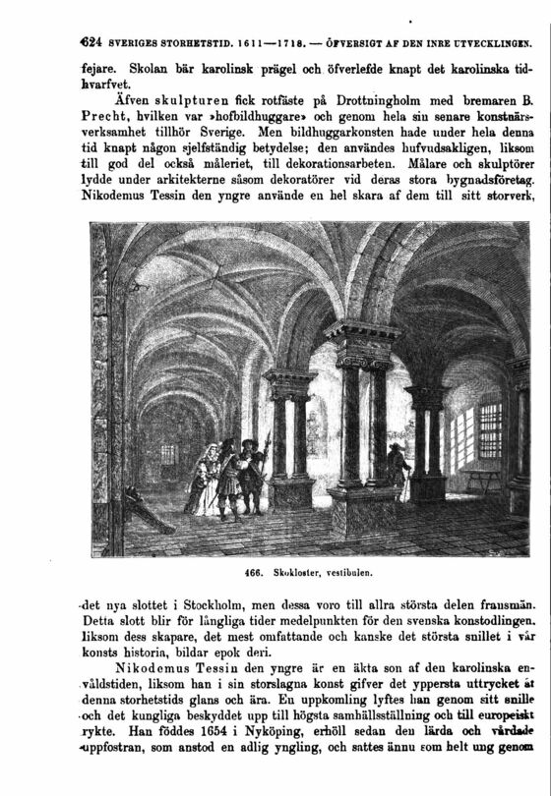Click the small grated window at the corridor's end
point(168,455)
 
